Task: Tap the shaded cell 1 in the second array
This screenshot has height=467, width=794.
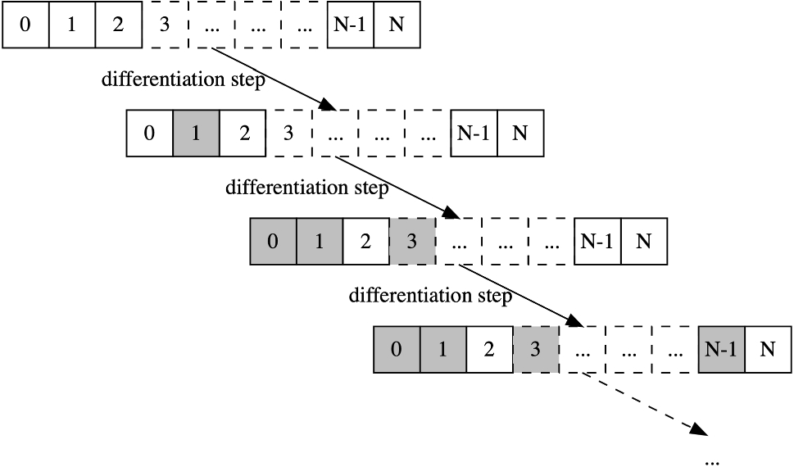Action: pos(196,133)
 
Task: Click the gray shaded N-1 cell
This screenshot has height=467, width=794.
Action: pos(721,349)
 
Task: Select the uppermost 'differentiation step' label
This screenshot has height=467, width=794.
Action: pos(183,79)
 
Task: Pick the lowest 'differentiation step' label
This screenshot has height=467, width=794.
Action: pos(430,295)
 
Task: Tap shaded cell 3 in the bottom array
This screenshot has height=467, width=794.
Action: pos(535,349)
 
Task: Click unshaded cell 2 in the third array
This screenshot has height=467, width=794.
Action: pos(365,241)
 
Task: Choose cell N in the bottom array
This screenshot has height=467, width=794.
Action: pos(767,349)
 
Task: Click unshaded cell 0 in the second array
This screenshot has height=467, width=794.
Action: pos(149,133)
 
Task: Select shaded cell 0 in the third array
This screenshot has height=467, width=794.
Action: pos(273,241)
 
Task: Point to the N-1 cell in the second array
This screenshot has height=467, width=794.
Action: pos(473,133)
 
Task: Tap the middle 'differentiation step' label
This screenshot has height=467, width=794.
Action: pos(306,188)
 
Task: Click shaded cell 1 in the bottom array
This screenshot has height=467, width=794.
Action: pos(443,349)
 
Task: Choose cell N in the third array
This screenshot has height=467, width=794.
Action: pos(644,241)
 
